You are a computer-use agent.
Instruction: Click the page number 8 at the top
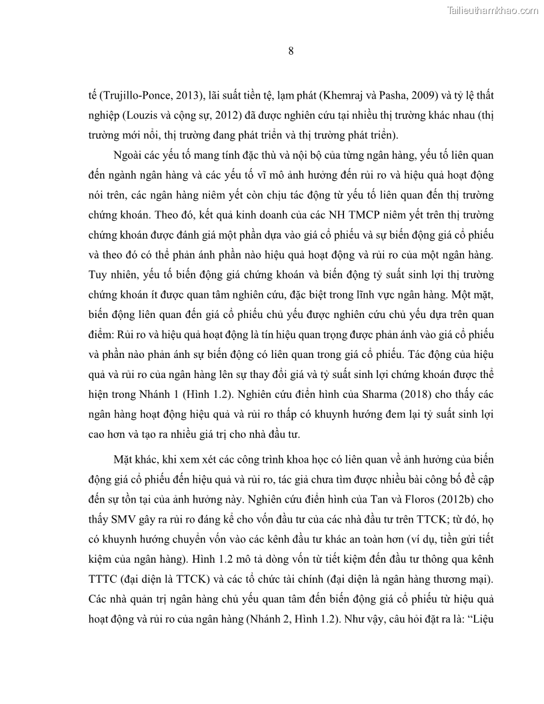click(x=291, y=51)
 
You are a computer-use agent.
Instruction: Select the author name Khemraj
click(x=357, y=94)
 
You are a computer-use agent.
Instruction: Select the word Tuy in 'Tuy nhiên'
click(x=98, y=273)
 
